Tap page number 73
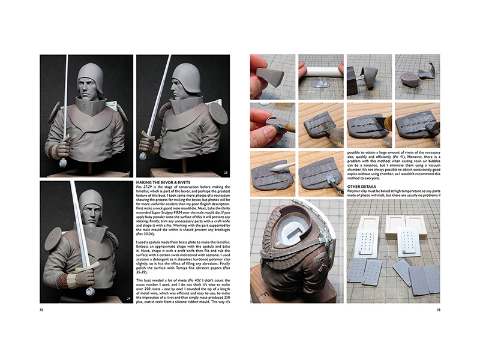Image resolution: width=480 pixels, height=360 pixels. (439, 310)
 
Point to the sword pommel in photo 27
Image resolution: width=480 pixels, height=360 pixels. (63, 162)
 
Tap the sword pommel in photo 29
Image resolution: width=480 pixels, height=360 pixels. (90, 292)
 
